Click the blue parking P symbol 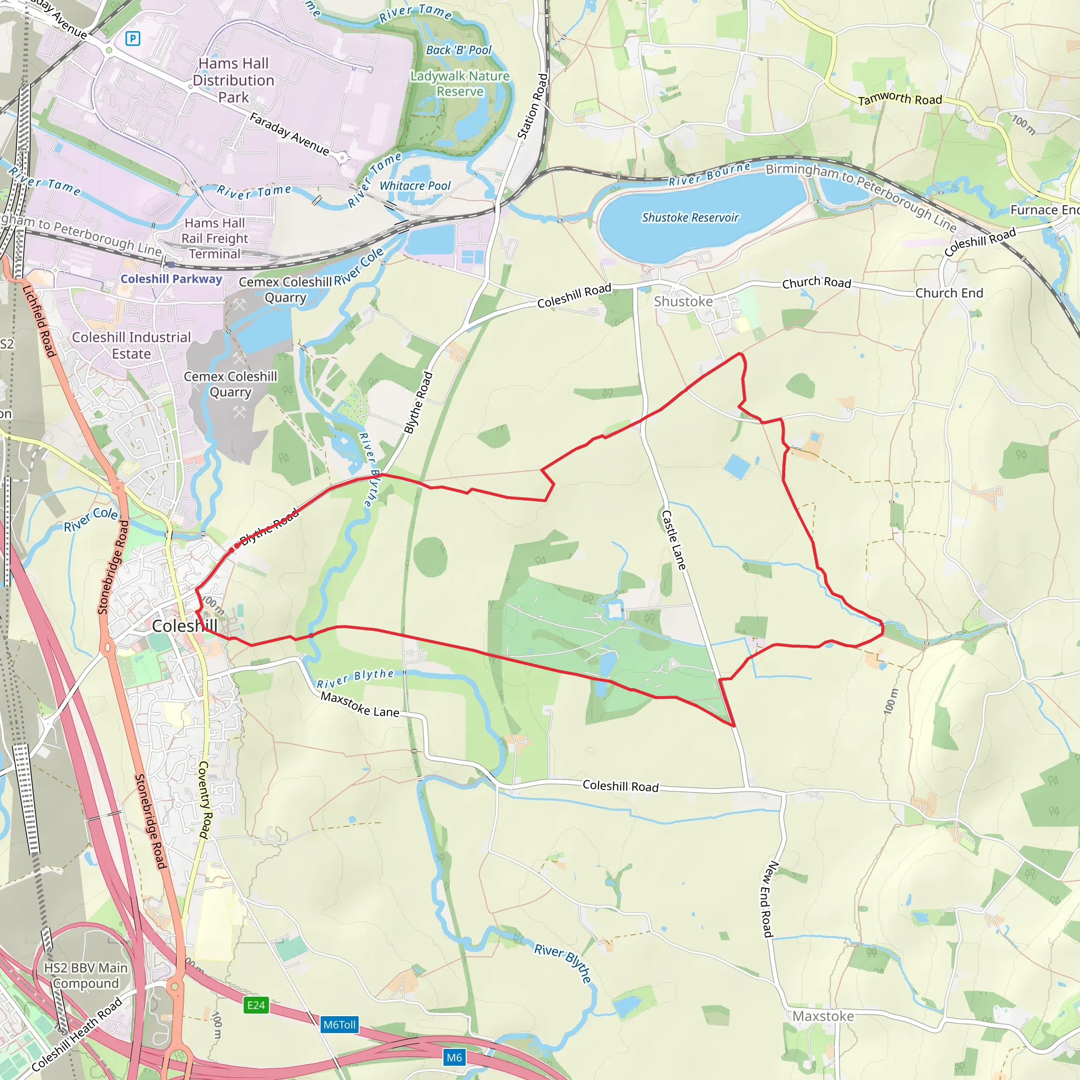132,38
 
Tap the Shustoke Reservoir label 690,217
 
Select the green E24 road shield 256,1005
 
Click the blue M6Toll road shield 339,1025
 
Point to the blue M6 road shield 454,1057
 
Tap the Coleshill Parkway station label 171,278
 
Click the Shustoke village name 683,301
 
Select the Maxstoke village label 823,1016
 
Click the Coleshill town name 185,625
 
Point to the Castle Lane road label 673,539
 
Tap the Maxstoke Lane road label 360,705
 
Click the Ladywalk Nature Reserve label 460,83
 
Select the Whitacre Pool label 415,186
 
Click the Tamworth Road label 900,99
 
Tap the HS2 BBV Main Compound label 85,975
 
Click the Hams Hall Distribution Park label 233,80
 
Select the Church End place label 949,293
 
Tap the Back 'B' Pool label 458,50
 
